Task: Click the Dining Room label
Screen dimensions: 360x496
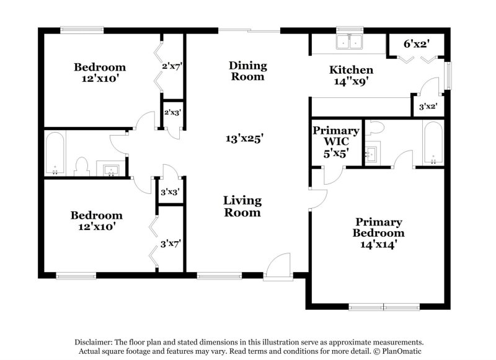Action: (x=248, y=71)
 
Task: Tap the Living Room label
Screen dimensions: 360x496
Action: (x=242, y=206)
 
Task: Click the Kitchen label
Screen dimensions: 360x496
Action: (x=351, y=76)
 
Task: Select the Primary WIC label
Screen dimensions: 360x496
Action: (x=336, y=142)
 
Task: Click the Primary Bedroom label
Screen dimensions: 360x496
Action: (x=379, y=233)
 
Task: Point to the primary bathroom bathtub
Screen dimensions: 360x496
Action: (x=432, y=143)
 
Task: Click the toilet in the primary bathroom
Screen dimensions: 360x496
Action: (x=376, y=129)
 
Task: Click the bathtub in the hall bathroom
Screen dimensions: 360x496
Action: (x=55, y=153)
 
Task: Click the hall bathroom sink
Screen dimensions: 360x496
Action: (x=111, y=169)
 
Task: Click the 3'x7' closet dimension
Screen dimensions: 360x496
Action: (x=170, y=244)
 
